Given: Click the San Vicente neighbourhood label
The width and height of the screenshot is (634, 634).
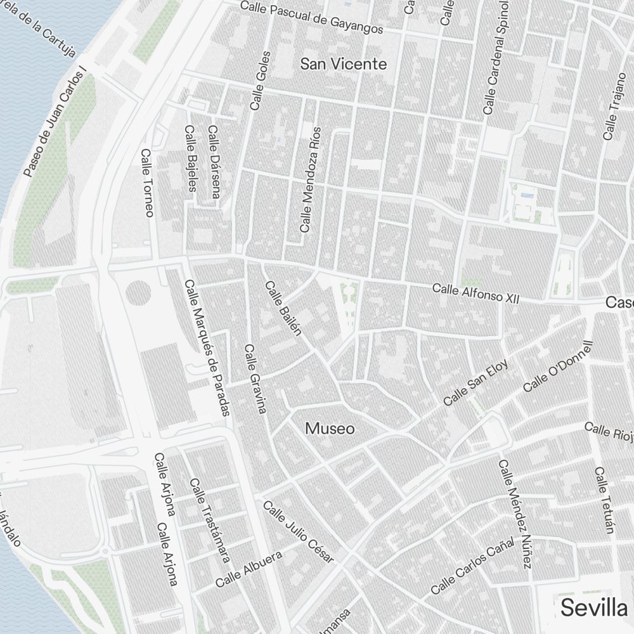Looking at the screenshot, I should click(343, 64).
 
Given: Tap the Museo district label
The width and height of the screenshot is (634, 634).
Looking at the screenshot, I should click(330, 429).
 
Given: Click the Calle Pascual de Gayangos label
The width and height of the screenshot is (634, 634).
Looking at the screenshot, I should click(313, 18).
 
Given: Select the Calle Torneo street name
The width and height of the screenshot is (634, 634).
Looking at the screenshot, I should click(147, 183).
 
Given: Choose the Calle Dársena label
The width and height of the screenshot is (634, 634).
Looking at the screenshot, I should click(213, 162).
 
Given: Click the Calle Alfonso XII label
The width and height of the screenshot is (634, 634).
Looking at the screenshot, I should click(475, 293).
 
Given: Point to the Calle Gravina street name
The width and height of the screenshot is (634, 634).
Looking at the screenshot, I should click(255, 378).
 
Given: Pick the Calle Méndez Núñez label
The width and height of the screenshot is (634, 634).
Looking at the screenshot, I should click(514, 514).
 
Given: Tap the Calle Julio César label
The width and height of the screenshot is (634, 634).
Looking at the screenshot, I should click(298, 532).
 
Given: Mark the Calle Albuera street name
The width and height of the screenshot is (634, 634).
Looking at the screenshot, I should click(249, 569).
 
